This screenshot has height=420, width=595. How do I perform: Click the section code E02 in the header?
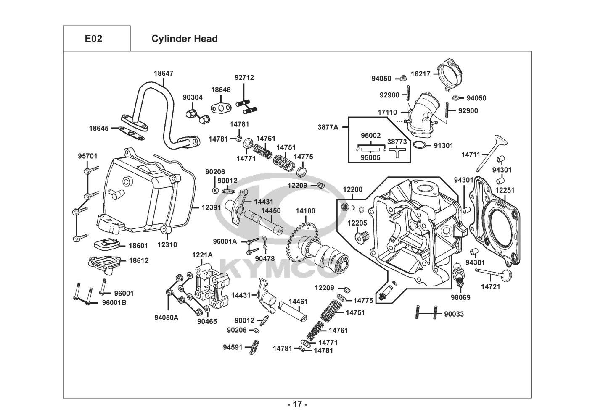pyautogui.click(x=93, y=39)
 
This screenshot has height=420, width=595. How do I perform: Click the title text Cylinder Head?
pyautogui.click(x=184, y=39)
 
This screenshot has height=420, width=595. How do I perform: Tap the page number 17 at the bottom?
pyautogui.click(x=297, y=404)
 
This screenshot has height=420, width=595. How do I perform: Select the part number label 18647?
pyautogui.click(x=163, y=73)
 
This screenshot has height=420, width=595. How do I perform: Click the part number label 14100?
pyautogui.click(x=305, y=211)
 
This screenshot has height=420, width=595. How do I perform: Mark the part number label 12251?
pyautogui.click(x=505, y=190)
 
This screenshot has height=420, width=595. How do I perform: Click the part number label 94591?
pyautogui.click(x=233, y=347)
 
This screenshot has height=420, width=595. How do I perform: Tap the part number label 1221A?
pyautogui.click(x=202, y=255)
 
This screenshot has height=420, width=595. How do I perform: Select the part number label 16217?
pyautogui.click(x=420, y=74)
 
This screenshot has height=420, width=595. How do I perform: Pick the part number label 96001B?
pyautogui.click(x=114, y=302)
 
